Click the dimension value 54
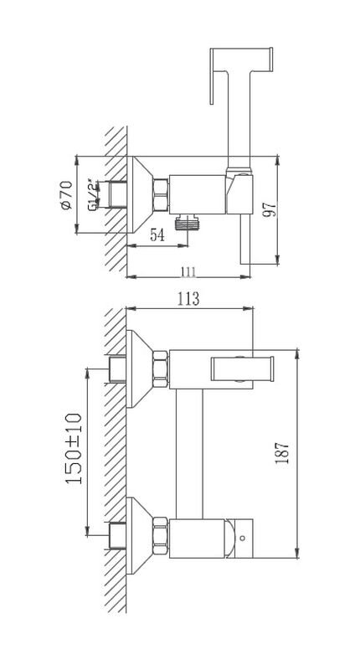coord(157,235)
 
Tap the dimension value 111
coord(188,271)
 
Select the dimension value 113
coord(189,299)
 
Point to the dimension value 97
coord(270,209)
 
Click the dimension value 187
coord(282,453)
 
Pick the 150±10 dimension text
coord(74,448)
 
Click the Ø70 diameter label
coord(67,195)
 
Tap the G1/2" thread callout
coord(93,195)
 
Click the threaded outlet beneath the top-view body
coord(188,223)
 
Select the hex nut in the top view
coord(161,195)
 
